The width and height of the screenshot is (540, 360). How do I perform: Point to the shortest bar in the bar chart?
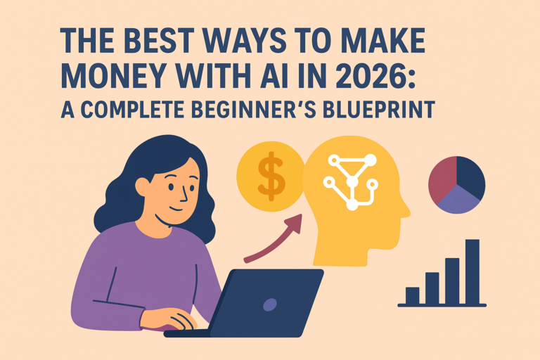click(412, 295)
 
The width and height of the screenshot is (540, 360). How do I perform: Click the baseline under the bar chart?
click(442, 305)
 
